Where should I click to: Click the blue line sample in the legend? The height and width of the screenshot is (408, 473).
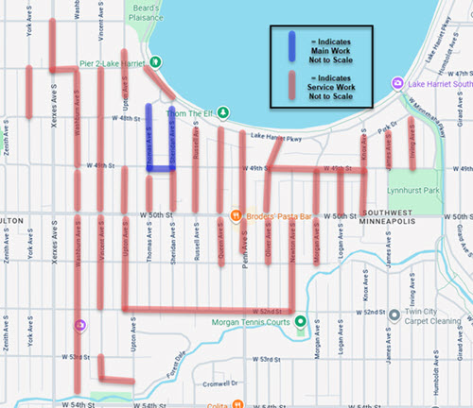point(291,47)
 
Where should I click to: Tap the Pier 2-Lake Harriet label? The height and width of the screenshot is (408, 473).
point(110,63)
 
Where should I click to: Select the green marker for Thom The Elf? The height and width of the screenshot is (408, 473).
point(222,112)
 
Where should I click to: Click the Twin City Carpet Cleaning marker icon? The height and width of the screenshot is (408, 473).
point(394,314)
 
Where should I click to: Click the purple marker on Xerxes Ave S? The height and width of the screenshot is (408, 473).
point(80,326)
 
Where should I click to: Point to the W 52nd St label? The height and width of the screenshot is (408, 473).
point(267,312)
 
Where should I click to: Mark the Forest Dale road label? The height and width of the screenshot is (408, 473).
point(172,363)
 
